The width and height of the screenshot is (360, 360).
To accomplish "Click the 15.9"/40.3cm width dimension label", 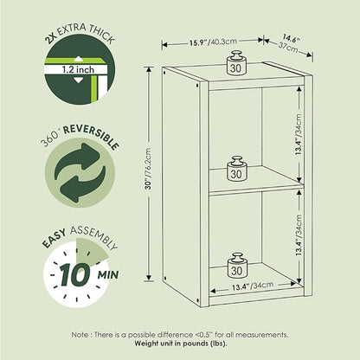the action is [x=213, y=42].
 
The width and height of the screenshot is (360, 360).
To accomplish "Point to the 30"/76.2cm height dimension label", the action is [x=149, y=169].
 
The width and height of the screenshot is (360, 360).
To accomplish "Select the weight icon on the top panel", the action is [x=236, y=62].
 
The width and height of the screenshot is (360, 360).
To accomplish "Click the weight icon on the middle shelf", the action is [x=236, y=169].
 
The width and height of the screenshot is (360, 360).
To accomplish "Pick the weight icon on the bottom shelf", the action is [x=237, y=265].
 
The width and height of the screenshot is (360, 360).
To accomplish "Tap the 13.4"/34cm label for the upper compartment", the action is [x=299, y=135].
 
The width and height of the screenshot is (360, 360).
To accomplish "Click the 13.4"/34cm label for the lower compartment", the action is [x=299, y=235].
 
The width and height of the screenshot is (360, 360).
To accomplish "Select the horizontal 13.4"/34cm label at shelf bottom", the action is [x=253, y=286].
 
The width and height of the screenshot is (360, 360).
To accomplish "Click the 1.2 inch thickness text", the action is [x=78, y=69].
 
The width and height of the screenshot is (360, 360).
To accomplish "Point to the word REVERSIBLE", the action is [x=91, y=136].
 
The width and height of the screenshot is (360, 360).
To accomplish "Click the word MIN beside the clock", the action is [x=108, y=275].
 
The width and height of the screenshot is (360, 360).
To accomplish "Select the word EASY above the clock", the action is [x=55, y=238].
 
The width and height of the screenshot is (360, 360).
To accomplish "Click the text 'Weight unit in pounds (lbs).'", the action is [x=181, y=344].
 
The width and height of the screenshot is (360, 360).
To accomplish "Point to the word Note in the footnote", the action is [x=80, y=335].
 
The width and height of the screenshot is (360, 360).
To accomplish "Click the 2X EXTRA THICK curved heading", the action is [x=80, y=33].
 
